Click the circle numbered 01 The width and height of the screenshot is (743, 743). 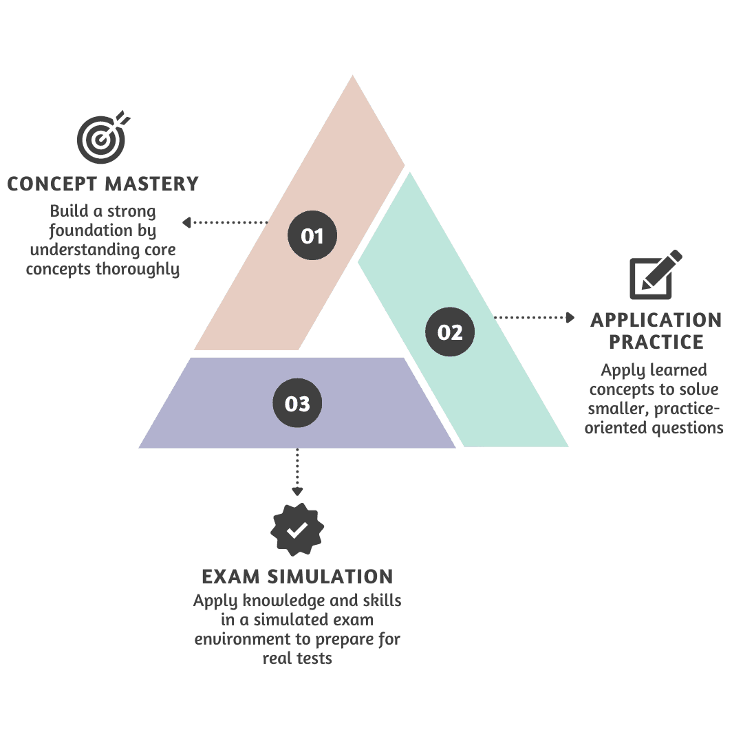[x=312, y=236]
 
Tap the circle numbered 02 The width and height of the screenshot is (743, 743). [x=450, y=332]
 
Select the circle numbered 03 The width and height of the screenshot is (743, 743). [x=297, y=404]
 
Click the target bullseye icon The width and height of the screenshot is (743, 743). [x=101, y=135]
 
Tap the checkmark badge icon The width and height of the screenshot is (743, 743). [x=297, y=530]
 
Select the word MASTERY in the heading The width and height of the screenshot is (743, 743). [x=153, y=184]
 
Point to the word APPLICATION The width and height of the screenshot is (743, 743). [x=656, y=320]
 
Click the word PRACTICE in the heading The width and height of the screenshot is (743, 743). [x=656, y=342]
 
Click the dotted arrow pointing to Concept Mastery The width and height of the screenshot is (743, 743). [x=224, y=222]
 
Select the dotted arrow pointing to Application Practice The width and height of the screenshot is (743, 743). [x=535, y=317]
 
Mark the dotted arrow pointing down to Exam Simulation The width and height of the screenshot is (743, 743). [x=297, y=472]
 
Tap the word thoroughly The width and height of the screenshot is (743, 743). [x=138, y=268]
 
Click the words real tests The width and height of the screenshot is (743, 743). [x=297, y=658]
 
